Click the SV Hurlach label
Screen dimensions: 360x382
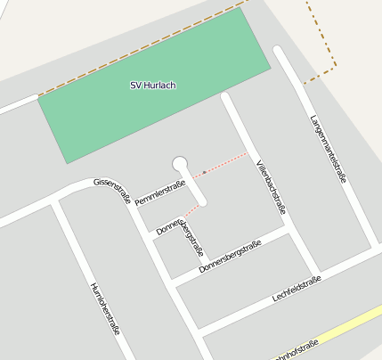click(x=153, y=86)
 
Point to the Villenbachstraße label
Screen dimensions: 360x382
click(x=271, y=188)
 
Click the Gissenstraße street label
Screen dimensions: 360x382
click(x=112, y=191)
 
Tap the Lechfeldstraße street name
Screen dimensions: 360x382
click(x=297, y=289)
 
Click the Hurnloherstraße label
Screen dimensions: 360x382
click(x=104, y=308)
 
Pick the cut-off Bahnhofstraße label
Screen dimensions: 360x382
click(x=294, y=350)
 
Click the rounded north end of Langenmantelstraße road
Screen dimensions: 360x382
click(x=280, y=51)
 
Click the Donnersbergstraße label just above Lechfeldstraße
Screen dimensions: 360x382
click(x=230, y=256)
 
